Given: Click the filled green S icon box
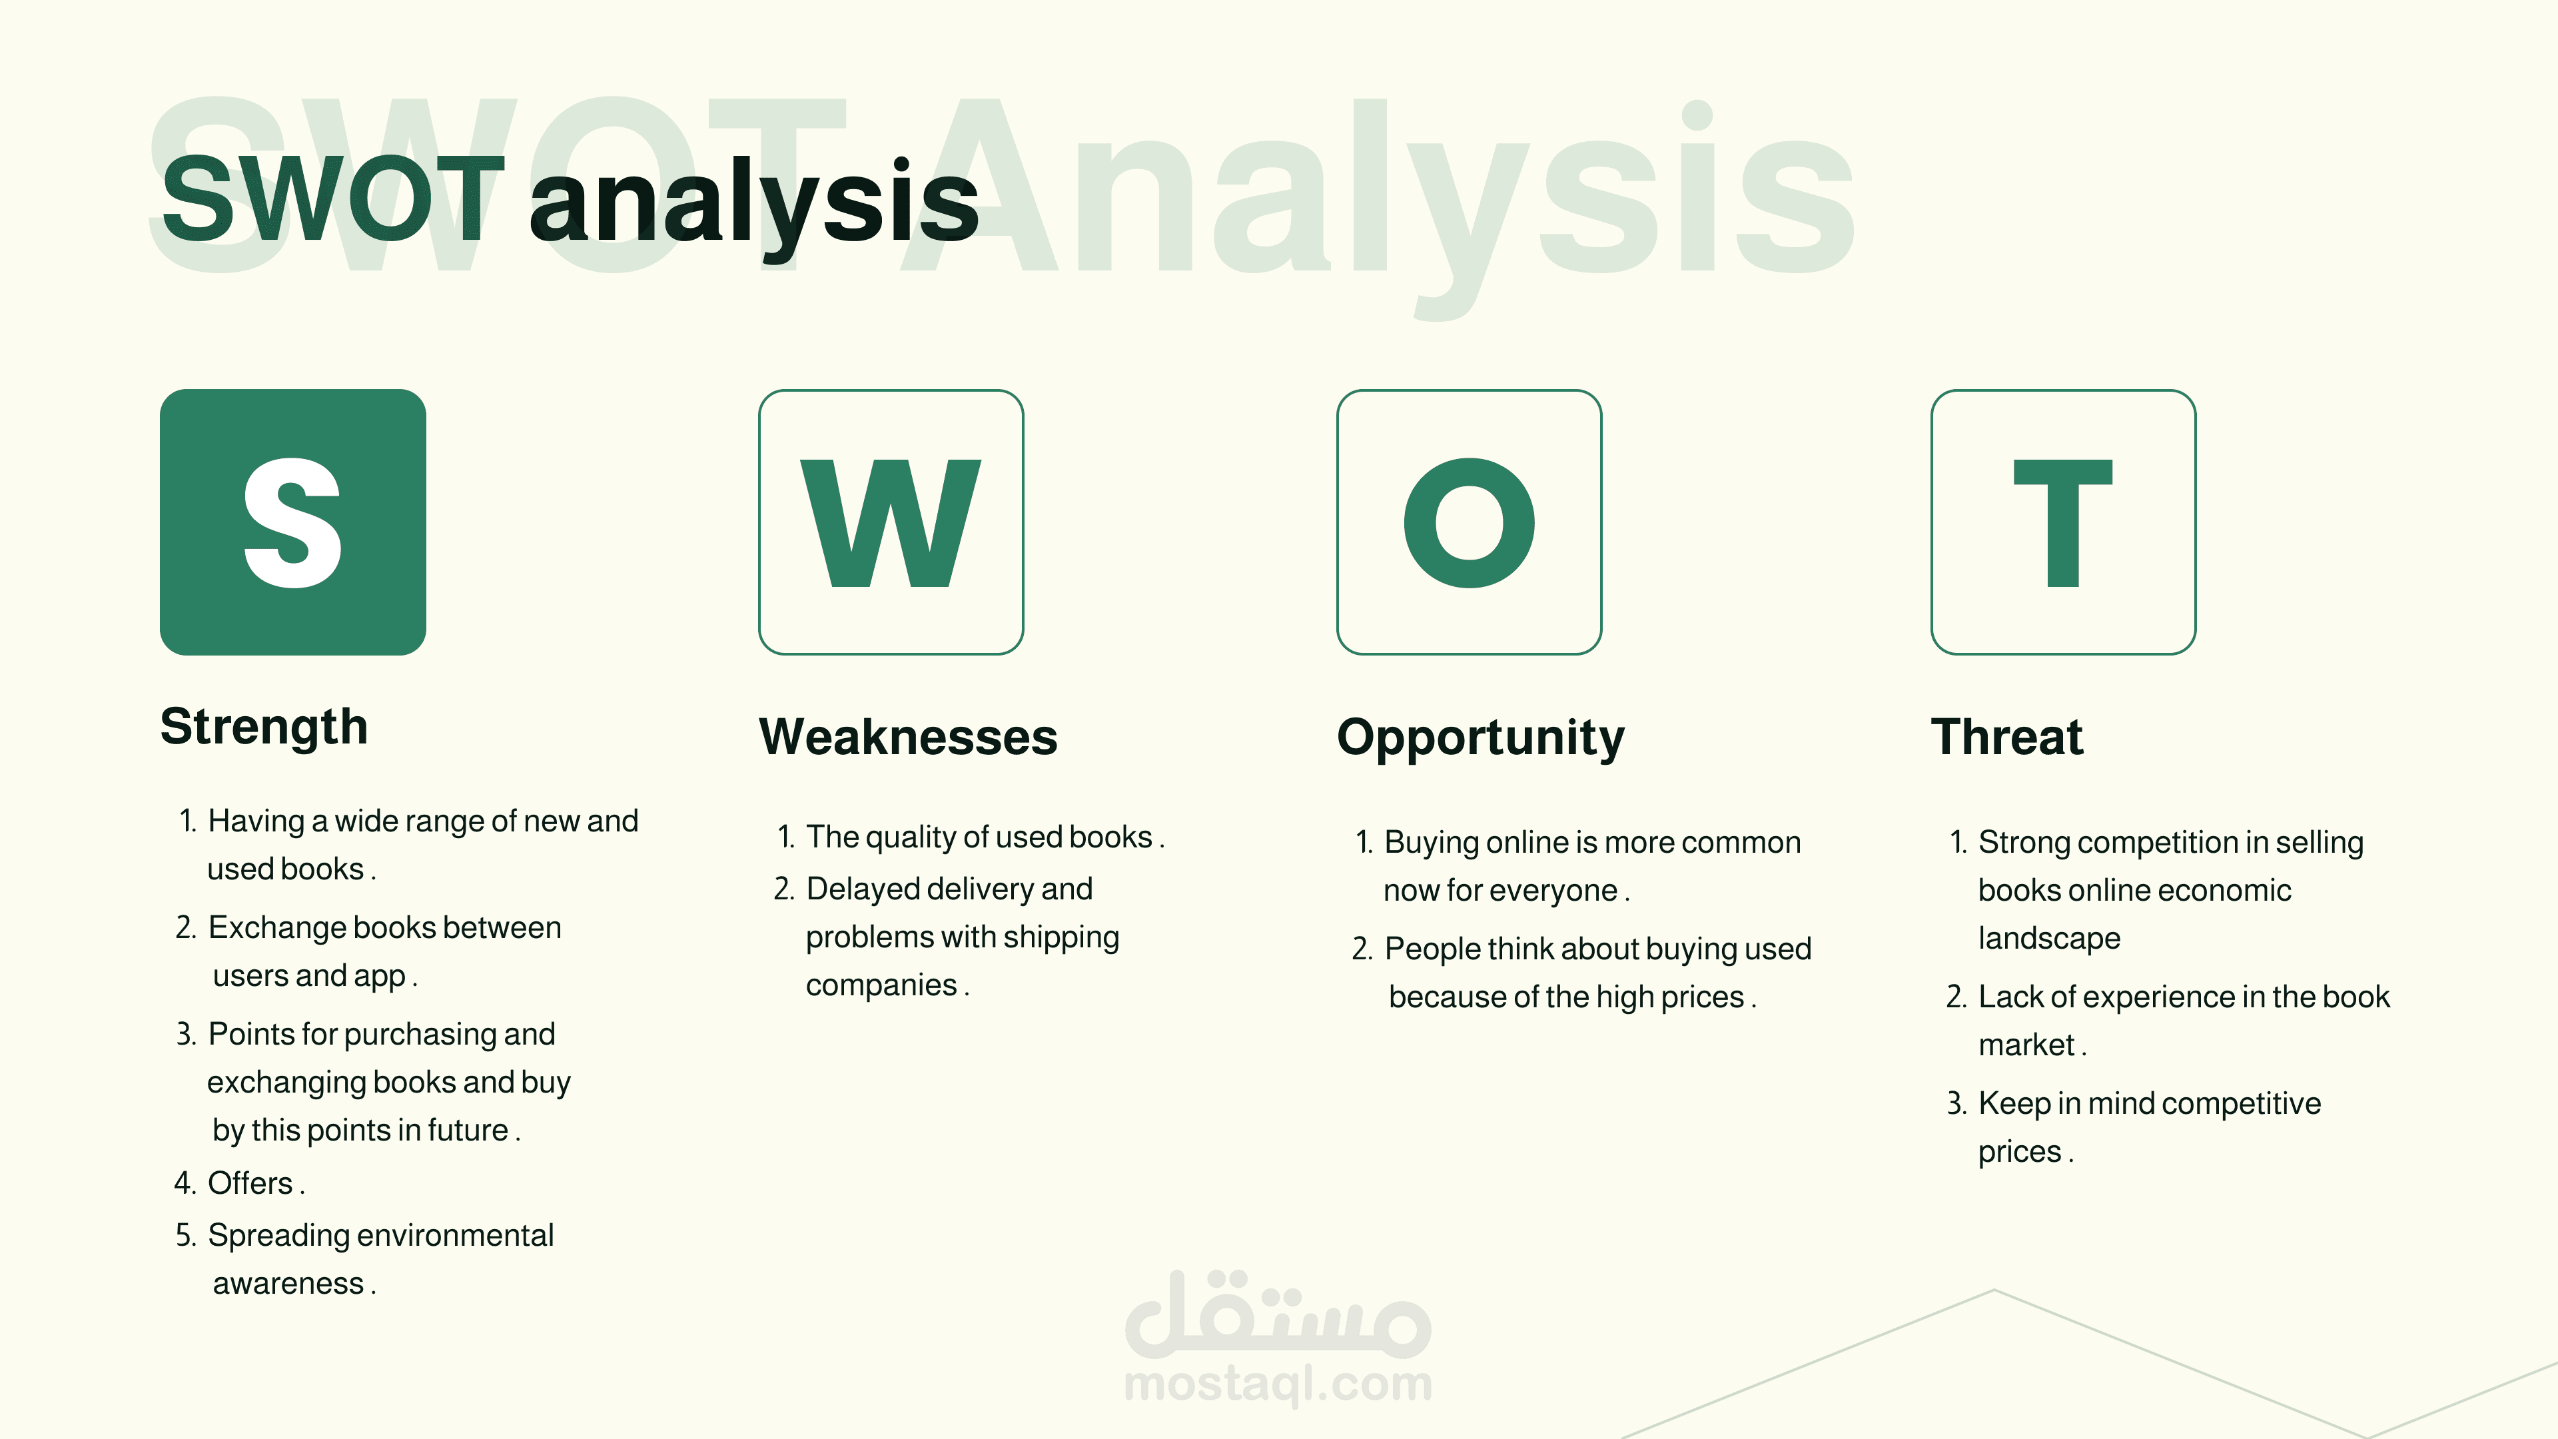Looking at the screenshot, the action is point(293,522).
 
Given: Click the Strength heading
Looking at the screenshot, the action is point(264,727).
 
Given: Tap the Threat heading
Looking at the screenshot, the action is point(2007,737).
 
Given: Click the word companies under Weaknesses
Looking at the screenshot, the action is point(882,985).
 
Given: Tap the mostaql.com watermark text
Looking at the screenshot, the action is point(1278,1384).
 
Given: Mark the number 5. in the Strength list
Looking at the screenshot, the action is point(187,1235).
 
